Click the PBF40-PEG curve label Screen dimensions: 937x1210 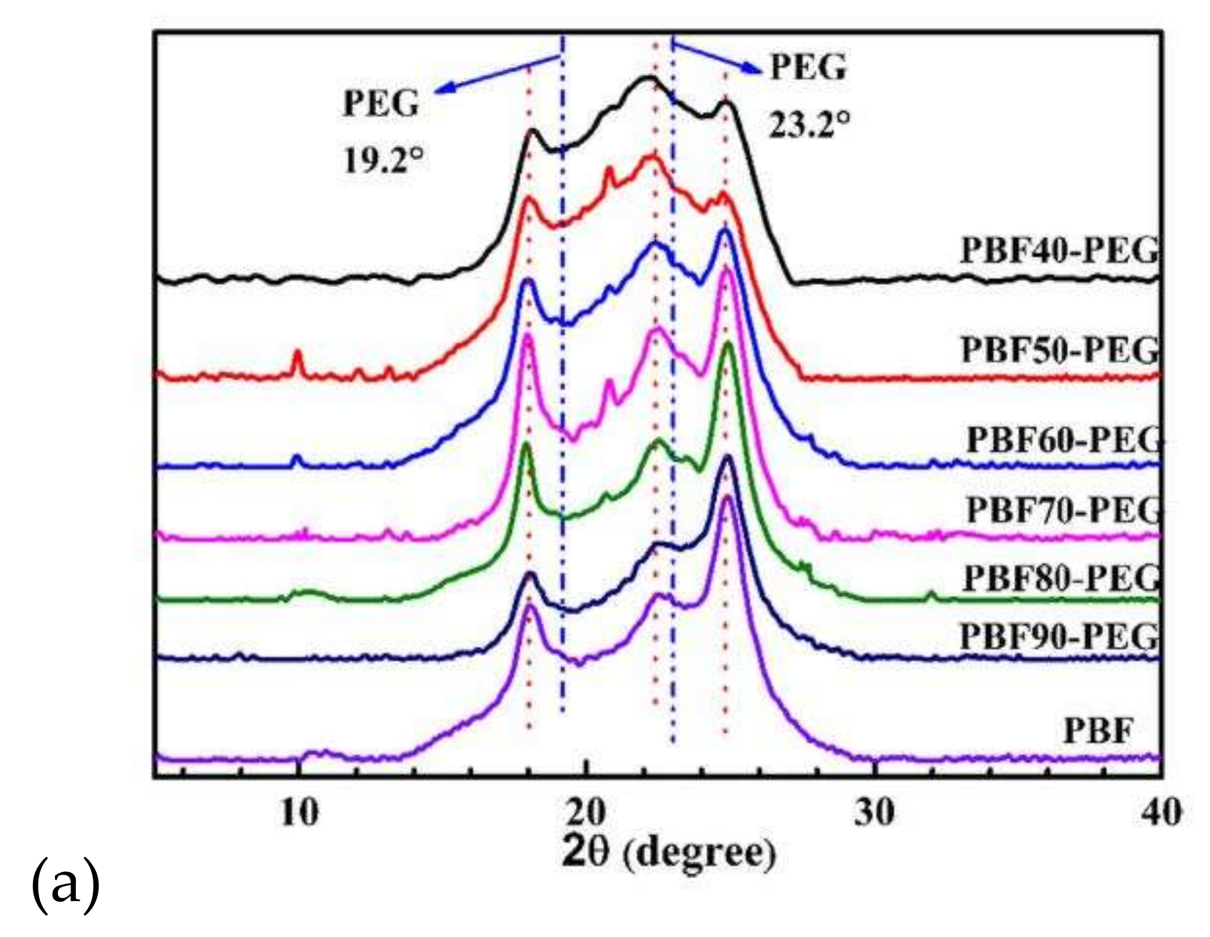point(1060,251)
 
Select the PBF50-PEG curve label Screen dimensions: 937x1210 point(1060,349)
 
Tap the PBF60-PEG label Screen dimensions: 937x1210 point(1064,439)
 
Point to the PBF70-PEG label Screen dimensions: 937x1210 point(1064,510)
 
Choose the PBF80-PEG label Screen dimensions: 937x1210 point(1061,577)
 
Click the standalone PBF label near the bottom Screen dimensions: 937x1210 point(1098,731)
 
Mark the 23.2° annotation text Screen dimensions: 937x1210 point(809,124)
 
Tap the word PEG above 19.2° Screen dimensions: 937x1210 point(381,103)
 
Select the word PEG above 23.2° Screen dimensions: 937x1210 point(808,67)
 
